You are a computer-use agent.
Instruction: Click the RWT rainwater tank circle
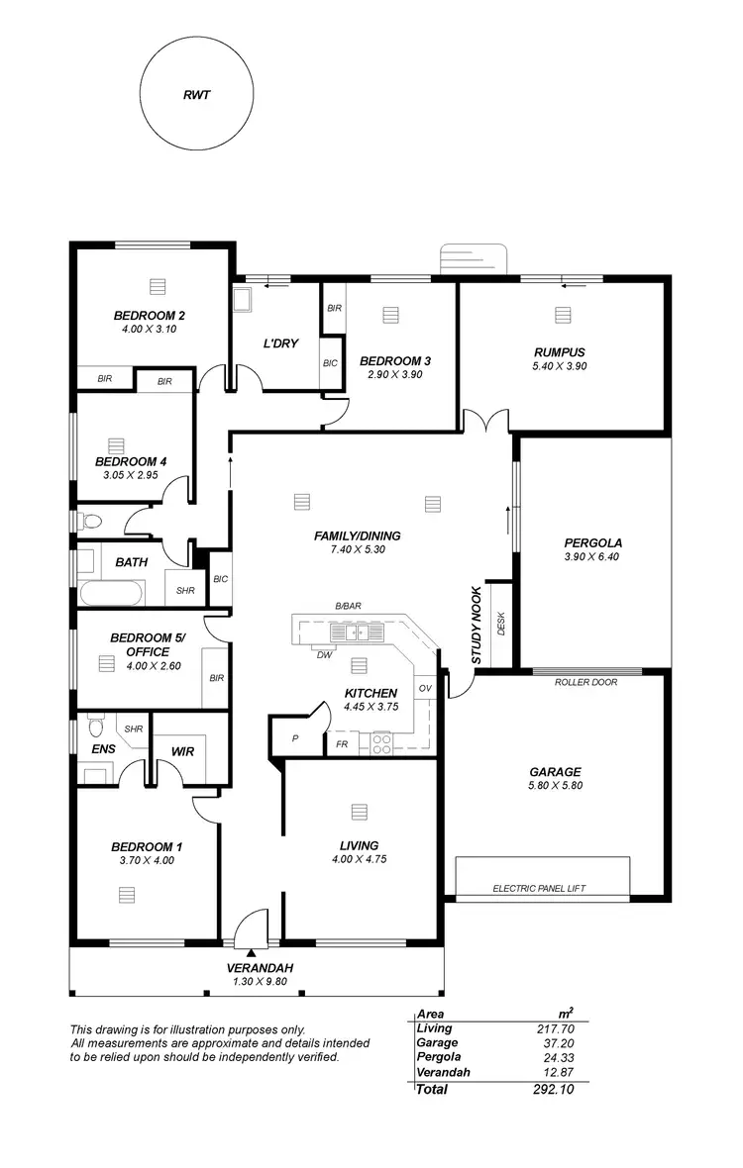click(x=196, y=96)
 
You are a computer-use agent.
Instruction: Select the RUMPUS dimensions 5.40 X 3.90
click(x=561, y=365)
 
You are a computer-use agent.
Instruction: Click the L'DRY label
click(x=276, y=343)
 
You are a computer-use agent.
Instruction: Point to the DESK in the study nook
click(x=501, y=624)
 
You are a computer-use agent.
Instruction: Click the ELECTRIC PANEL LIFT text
click(x=539, y=889)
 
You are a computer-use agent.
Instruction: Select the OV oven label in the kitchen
click(x=425, y=688)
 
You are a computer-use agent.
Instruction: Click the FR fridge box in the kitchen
click(x=342, y=742)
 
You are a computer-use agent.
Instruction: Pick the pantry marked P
click(x=294, y=738)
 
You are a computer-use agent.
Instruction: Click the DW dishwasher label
click(x=323, y=655)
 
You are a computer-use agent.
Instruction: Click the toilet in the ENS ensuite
click(x=95, y=728)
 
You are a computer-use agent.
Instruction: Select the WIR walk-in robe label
click(x=182, y=751)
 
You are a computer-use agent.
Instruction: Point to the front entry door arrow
click(x=252, y=951)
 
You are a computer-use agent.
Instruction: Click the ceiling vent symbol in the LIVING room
click(x=358, y=812)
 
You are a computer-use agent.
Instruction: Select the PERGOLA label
click(x=592, y=542)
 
